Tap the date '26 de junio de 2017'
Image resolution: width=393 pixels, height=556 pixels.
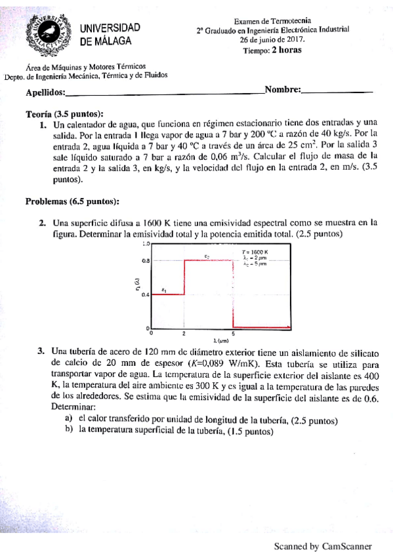point(272,39)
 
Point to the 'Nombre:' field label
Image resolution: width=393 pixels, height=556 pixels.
point(282,90)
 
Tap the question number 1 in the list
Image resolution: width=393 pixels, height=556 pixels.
point(43,123)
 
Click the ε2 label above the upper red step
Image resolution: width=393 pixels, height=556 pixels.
point(207,256)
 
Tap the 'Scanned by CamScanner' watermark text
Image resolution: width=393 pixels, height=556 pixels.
point(323,546)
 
